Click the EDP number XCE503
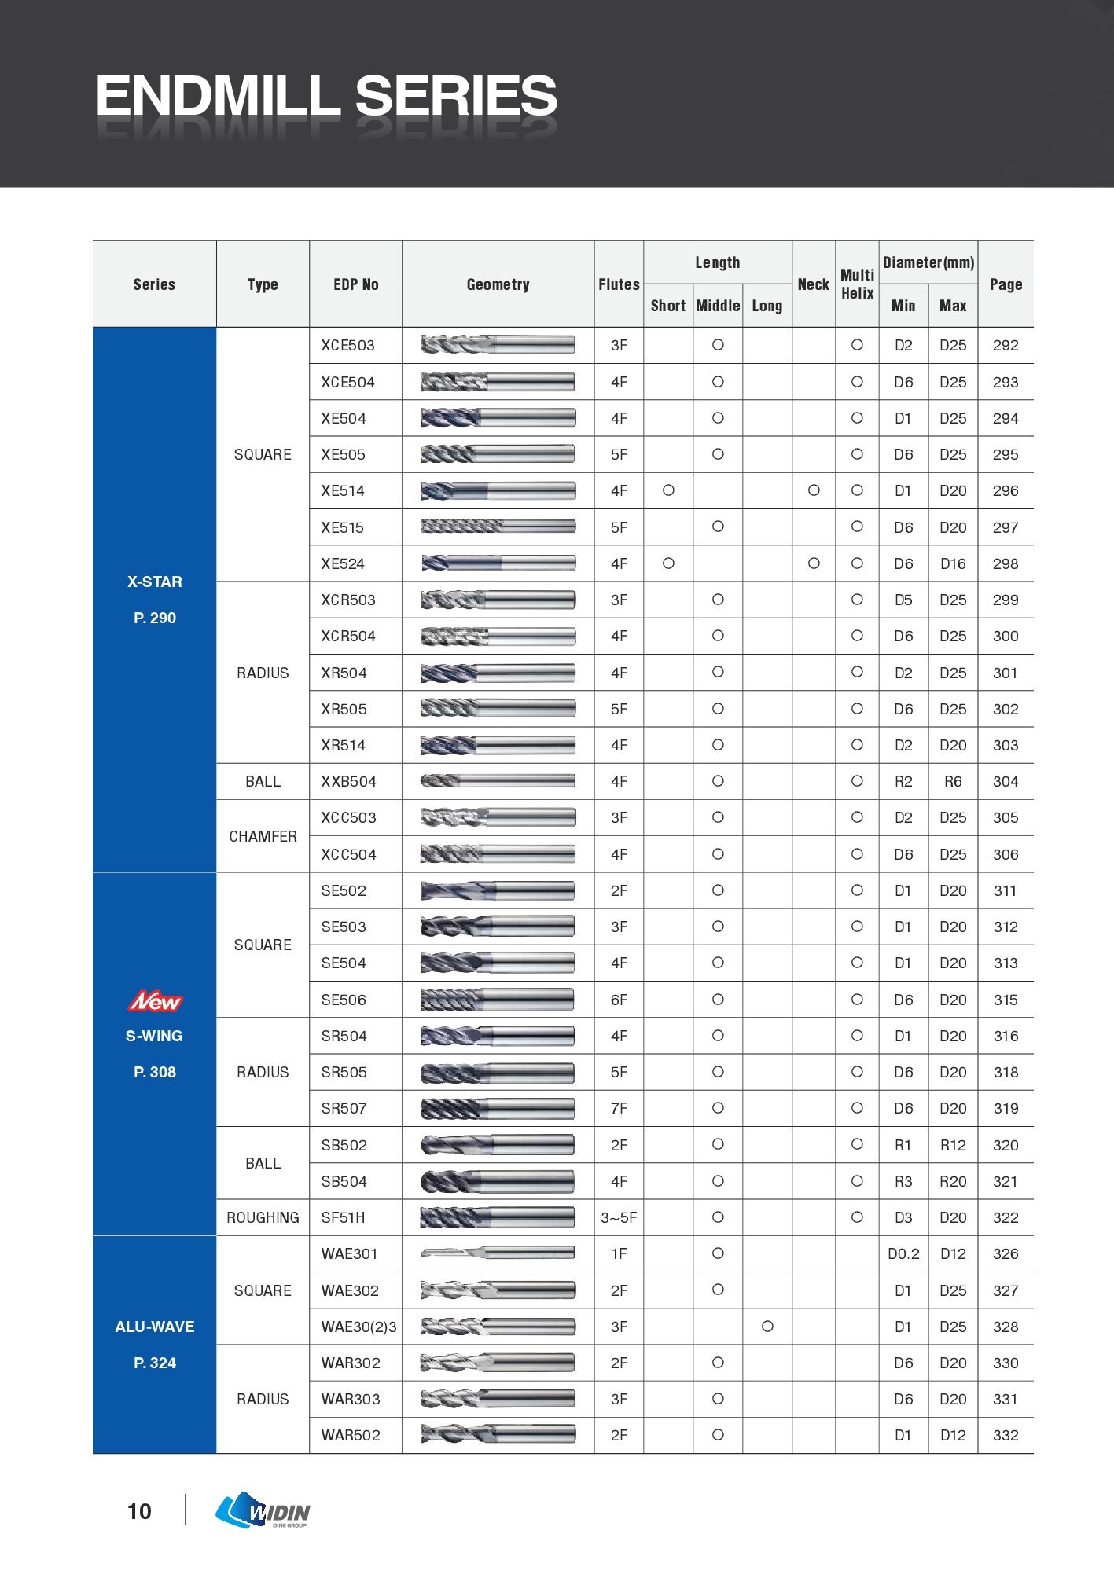pyautogui.click(x=347, y=346)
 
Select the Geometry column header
pyautogui.click(x=498, y=284)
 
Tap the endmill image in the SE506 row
pyautogui.click(x=497, y=1000)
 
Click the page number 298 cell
pyautogui.click(x=1005, y=564)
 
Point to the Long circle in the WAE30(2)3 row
pyautogui.click(x=767, y=1327)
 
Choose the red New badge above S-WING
pyautogui.click(x=155, y=1001)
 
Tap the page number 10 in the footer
pyautogui.click(x=139, y=1511)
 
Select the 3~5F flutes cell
pyautogui.click(x=619, y=1218)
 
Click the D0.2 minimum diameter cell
pyautogui.click(x=903, y=1254)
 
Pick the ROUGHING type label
pyautogui.click(x=263, y=1218)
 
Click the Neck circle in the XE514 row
pyautogui.click(x=814, y=490)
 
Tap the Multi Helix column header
pyautogui.click(x=857, y=284)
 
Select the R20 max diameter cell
pyautogui.click(x=953, y=1182)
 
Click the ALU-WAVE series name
pyautogui.click(x=155, y=1327)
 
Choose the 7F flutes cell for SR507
pyautogui.click(x=619, y=1109)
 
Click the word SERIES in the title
pyautogui.click(x=456, y=96)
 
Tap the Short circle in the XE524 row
pyautogui.click(x=668, y=563)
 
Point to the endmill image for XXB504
pyautogui.click(x=497, y=781)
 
